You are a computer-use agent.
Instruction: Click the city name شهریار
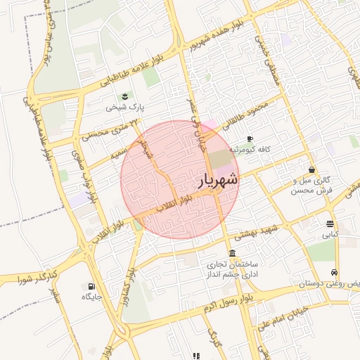(x=215, y=181)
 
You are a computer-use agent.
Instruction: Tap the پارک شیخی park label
(x=124, y=108)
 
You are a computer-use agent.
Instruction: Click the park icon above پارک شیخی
(x=124, y=96)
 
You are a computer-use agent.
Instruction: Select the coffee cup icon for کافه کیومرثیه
(x=250, y=139)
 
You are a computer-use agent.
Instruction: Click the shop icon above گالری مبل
(x=311, y=169)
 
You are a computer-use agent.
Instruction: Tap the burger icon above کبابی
(x=330, y=224)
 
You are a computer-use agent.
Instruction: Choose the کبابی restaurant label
(x=330, y=235)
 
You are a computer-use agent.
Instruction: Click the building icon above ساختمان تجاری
(x=232, y=253)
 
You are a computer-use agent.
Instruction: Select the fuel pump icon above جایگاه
(x=91, y=285)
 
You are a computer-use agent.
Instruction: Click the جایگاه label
(x=91, y=297)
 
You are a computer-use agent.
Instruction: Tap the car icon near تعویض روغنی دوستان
(x=334, y=272)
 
